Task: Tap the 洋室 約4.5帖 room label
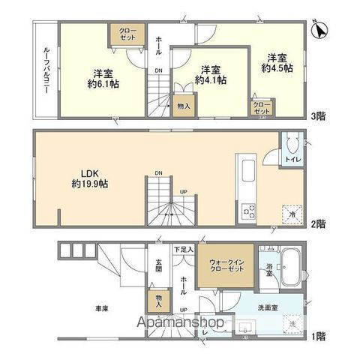coord(277,63)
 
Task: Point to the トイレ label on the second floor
coord(292,159)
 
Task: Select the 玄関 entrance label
coord(159,266)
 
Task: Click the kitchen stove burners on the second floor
coord(247,211)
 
